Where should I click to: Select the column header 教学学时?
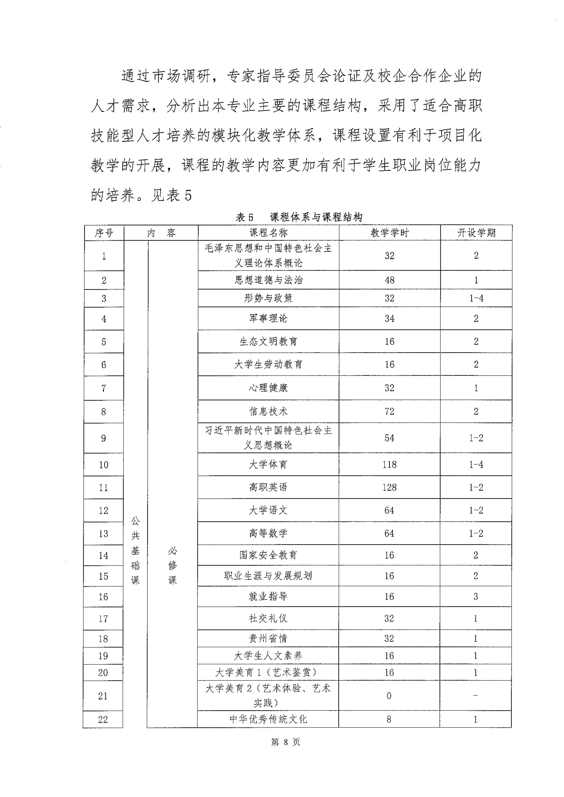(389, 233)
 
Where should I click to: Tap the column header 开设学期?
(476, 233)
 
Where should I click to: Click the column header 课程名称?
(268, 233)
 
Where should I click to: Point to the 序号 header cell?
(104, 233)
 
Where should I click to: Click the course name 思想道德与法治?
(268, 280)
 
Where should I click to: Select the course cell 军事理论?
(268, 318)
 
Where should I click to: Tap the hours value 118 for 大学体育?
(389, 464)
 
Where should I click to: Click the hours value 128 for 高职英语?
(389, 487)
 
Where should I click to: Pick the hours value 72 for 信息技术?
(389, 411)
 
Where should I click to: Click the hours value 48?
(389, 280)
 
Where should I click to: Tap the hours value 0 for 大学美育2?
(389, 696)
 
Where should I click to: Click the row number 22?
(103, 719)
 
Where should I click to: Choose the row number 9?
(104, 438)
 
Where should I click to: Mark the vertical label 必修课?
(173, 565)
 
